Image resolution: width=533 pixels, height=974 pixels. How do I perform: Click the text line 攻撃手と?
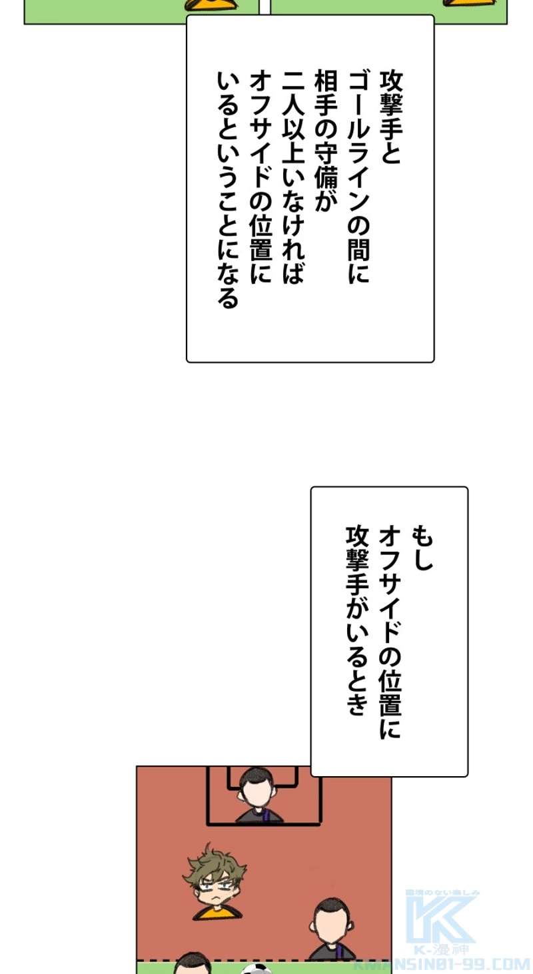pos(391,118)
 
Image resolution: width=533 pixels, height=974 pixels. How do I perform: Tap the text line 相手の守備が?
pos(326,141)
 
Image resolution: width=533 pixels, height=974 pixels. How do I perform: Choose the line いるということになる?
pos(228,190)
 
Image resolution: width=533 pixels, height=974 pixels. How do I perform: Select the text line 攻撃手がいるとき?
pos(357,620)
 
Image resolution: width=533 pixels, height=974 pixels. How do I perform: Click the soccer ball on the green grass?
pos(256,969)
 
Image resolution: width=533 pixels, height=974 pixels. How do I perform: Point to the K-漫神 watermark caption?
pos(441,951)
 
